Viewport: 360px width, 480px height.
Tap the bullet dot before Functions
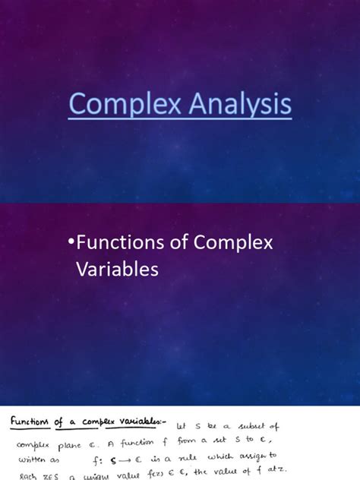click(x=71, y=243)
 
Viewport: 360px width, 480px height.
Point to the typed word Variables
click(x=116, y=269)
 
